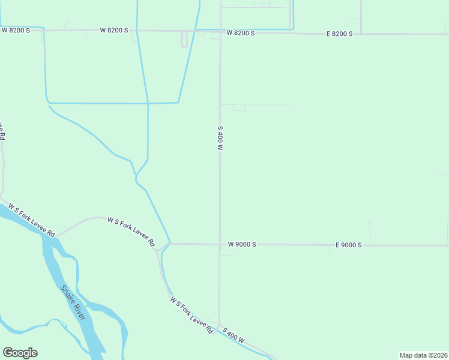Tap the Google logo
pos(20,353)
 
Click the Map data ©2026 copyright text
pos(423,355)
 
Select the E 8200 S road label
pos(339,34)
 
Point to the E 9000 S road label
pos(348,245)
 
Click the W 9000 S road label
pos(242,244)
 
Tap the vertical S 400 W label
pos(220,137)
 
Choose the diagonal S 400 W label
pos(234,335)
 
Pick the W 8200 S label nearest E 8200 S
pos(241,33)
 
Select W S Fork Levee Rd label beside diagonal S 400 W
pos(191,315)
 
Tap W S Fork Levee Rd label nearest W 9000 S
pos(131,232)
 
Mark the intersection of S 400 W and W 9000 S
pos(220,244)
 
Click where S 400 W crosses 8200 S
pos(220,32)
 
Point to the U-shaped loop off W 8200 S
pos(184,40)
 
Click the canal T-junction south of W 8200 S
pos(148,103)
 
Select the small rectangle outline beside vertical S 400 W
pos(240,107)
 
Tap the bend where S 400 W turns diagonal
pos(220,323)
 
